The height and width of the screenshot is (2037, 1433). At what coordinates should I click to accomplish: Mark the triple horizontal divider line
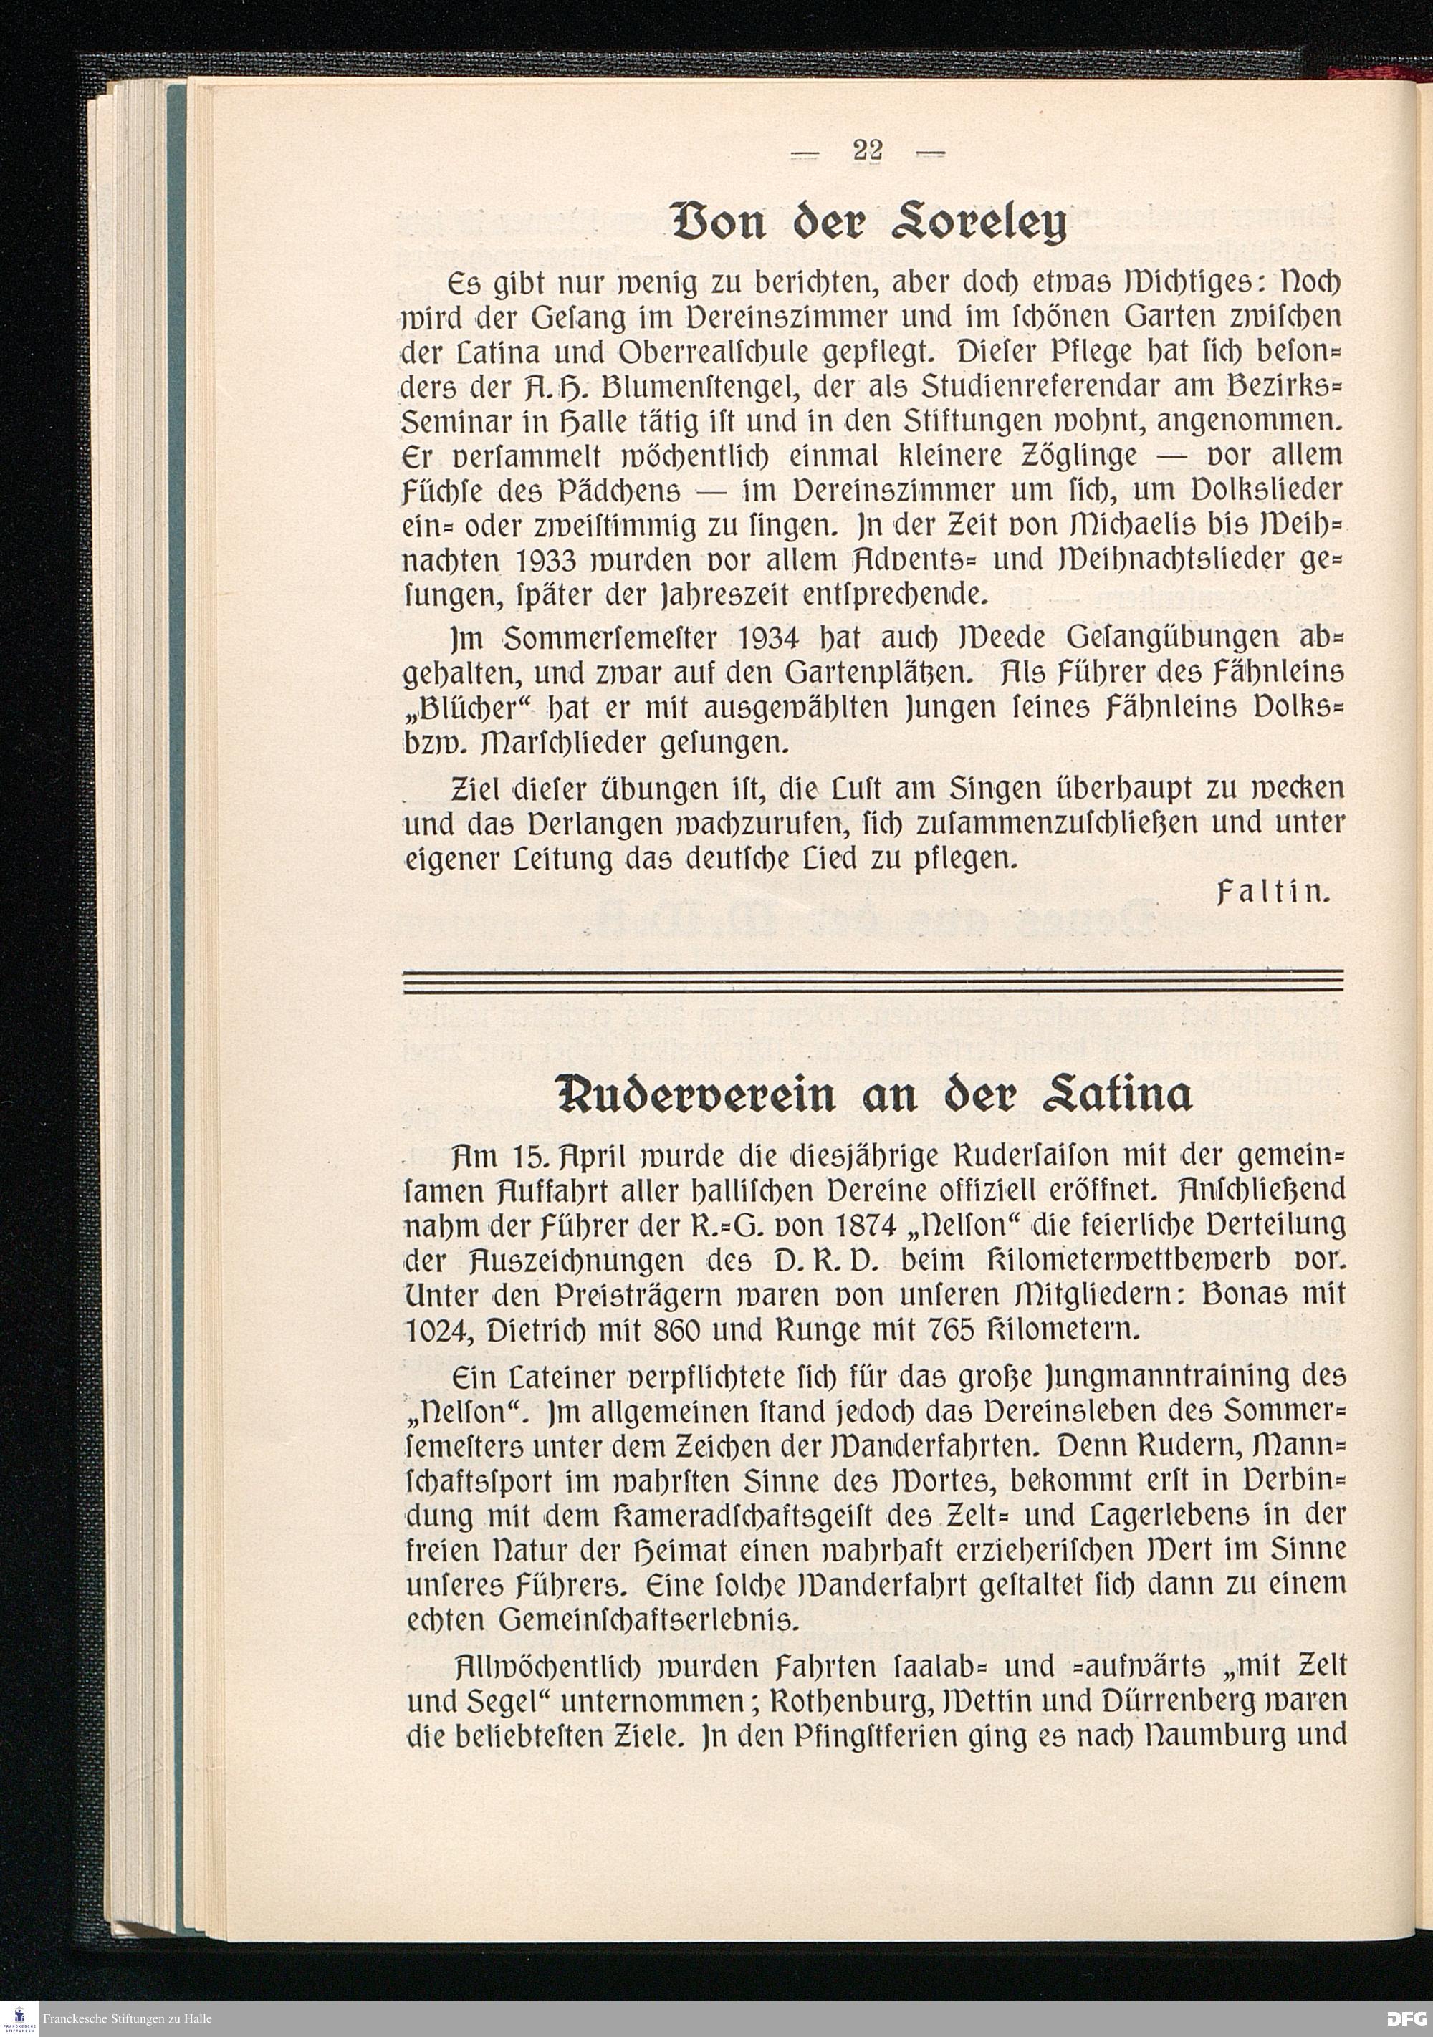point(873,982)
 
